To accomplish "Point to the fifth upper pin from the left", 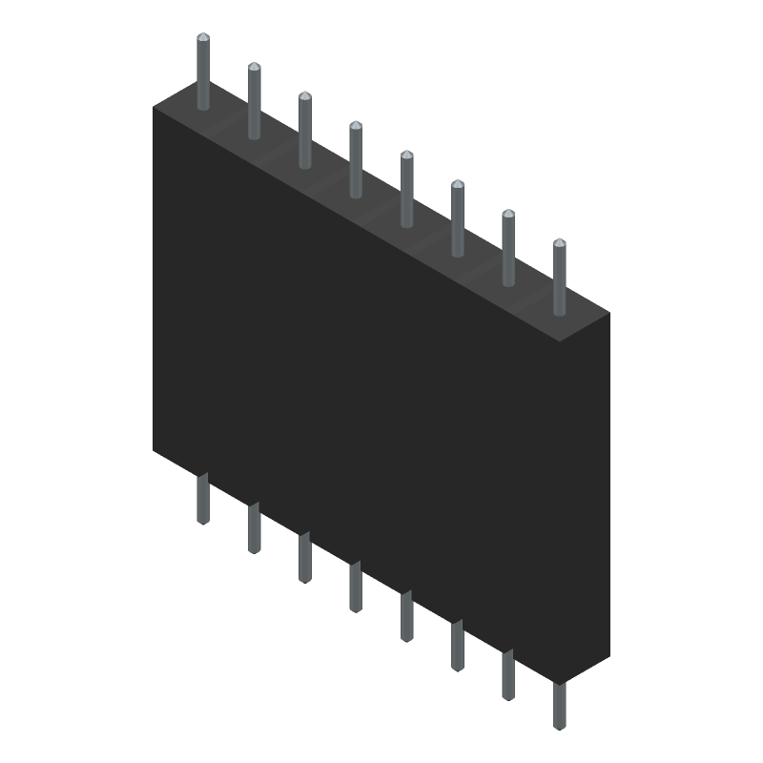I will pos(406,191).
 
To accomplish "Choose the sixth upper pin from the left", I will pos(458,220).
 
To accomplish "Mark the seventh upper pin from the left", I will pos(508,250).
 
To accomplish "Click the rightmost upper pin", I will pos(559,279).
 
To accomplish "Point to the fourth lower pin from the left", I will pos(356,588).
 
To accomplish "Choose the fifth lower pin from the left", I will pos(406,617).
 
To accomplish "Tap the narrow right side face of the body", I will pos(600,496).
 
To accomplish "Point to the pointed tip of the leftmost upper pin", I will pos(203,37).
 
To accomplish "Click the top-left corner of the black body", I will pos(154,108).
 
